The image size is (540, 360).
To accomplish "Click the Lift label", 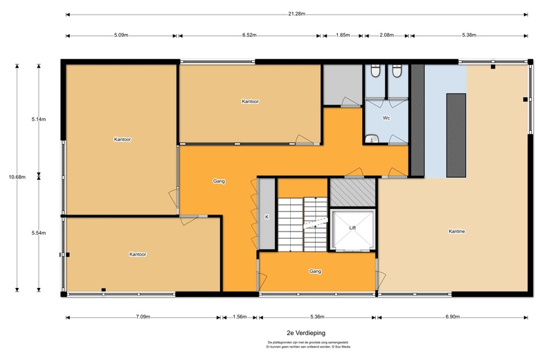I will tap(352, 228).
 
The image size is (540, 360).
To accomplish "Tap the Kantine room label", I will tap(456, 231).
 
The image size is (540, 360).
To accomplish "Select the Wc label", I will tap(386, 118).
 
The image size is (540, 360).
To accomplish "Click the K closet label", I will tap(267, 217).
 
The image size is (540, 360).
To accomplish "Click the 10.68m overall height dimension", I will tap(17, 177).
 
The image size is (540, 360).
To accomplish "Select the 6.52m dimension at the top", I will tap(250, 35).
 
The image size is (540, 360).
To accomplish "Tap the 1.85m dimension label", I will tap(342, 35).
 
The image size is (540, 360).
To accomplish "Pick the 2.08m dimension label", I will tap(387, 35).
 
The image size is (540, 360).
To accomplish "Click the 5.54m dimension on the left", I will tap(39, 233).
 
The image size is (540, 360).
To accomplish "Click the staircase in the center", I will tap(302, 215).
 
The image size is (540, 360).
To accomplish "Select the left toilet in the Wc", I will tap(375, 71).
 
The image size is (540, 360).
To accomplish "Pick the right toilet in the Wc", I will tap(397, 71).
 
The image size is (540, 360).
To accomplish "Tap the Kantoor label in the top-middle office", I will tap(250, 102).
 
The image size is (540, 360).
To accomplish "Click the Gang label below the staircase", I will tap(316, 271).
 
